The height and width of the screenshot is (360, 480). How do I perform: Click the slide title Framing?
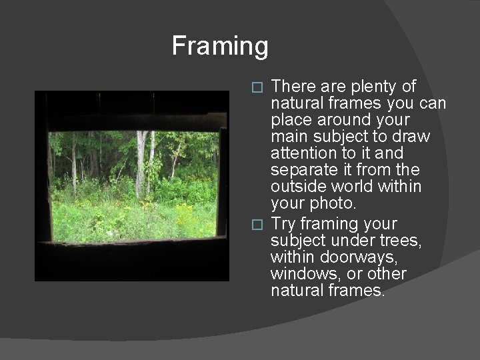[x=220, y=46]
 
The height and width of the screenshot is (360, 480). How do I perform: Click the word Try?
[x=285, y=223]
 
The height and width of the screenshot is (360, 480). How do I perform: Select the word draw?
[x=412, y=137]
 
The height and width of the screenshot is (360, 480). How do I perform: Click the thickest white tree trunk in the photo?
[x=141, y=160]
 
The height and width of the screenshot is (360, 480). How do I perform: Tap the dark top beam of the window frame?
[x=133, y=121]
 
